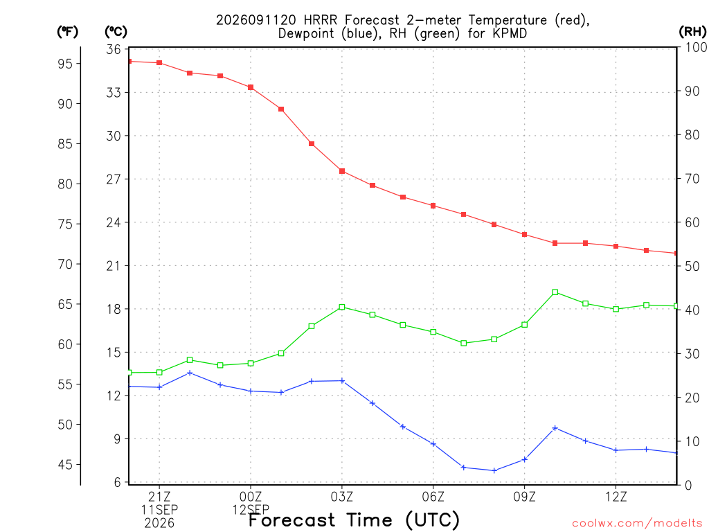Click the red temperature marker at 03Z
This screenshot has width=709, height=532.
[342, 171]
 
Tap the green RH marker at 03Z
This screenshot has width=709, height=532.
[342, 307]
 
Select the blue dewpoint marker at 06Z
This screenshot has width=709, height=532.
[433, 444]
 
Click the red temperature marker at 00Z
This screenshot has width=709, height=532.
[251, 87]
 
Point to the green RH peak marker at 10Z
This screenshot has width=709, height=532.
[555, 292]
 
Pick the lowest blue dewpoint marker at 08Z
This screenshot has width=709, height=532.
[494, 470]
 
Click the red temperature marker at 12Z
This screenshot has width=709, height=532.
[616, 246]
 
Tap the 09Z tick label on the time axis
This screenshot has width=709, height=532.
[525, 497]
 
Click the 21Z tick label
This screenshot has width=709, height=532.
[159, 497]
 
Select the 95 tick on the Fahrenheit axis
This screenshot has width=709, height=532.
[65, 64]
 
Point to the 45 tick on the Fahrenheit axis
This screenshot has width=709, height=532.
[65, 465]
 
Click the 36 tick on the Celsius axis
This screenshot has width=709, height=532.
[114, 49]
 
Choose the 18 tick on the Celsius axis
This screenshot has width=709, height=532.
[114, 309]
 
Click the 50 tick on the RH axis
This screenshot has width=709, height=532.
[692, 266]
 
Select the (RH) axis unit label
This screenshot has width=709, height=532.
[692, 31]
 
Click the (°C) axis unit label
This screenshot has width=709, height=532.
[116, 31]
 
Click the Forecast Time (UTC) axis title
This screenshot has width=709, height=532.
[354, 520]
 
